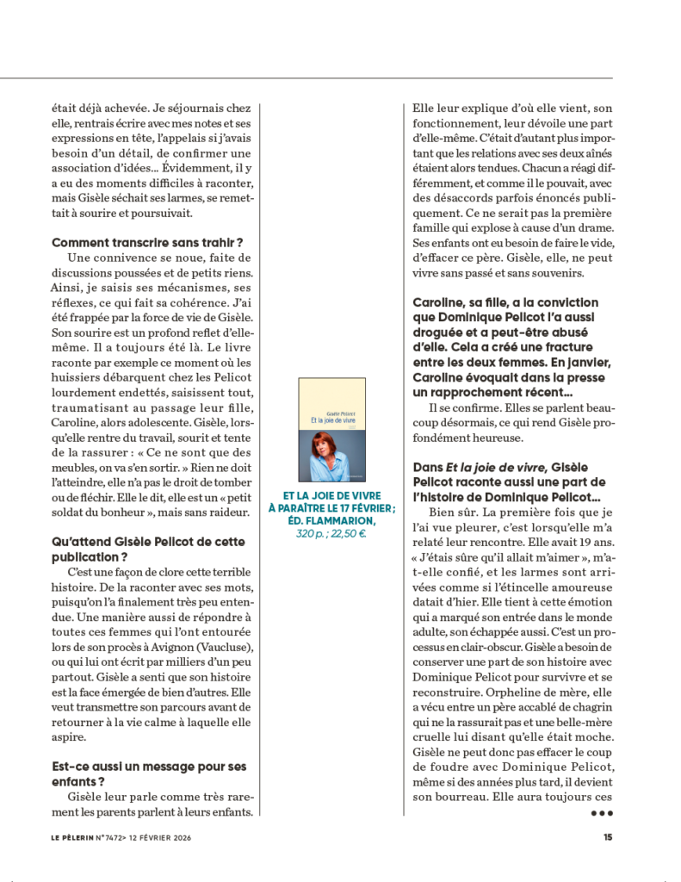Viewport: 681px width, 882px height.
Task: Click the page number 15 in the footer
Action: pos(608,835)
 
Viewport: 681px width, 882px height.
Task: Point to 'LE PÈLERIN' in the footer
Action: pos(74,835)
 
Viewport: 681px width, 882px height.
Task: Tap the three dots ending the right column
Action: pos(600,812)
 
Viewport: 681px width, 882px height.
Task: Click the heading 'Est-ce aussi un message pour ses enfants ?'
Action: pos(149,773)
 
